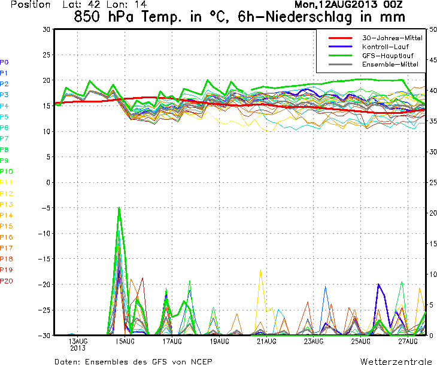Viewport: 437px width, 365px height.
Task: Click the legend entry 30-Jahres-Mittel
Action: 392,38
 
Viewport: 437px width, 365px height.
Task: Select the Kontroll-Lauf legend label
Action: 385,47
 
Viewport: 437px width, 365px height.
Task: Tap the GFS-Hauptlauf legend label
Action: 388,56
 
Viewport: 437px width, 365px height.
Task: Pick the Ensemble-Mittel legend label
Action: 390,65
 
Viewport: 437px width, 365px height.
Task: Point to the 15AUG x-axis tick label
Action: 125,341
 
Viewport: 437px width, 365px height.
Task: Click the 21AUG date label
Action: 267,341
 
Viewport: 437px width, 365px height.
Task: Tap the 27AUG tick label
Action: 408,341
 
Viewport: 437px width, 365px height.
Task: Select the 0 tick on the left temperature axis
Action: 48,182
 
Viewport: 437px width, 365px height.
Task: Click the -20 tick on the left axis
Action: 44,285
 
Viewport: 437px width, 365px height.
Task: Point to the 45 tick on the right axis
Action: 433,60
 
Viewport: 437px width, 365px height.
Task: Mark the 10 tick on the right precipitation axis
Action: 433,274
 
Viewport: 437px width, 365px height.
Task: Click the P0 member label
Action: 4,62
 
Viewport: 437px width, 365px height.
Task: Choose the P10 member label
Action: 7,171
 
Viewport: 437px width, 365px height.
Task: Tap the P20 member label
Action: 7,280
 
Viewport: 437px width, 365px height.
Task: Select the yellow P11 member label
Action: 7,182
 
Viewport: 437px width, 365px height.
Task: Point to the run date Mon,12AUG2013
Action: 336,4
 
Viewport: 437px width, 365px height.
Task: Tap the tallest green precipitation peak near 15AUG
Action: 119,207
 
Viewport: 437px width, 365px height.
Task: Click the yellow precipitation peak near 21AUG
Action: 260,270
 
